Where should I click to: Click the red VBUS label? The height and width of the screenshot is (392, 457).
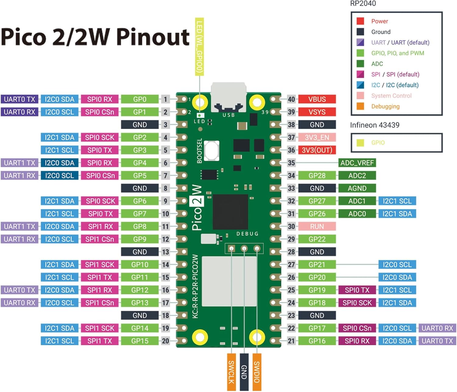click(317, 99)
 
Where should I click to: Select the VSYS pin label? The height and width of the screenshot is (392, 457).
click(317, 112)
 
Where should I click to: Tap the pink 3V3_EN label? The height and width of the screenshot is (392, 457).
click(317, 138)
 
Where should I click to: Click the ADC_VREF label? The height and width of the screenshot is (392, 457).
click(357, 163)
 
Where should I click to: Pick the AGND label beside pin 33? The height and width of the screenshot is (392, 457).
click(357, 188)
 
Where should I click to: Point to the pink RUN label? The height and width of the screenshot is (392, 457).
click(317, 226)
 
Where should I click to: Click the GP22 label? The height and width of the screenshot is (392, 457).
click(317, 239)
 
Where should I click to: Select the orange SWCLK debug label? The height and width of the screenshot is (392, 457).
click(231, 372)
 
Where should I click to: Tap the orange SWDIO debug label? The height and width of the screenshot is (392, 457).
click(257, 372)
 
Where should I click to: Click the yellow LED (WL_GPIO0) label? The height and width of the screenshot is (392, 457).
click(199, 47)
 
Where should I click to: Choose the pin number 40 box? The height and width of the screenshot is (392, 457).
click(291, 99)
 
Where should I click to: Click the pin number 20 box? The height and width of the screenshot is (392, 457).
click(165, 341)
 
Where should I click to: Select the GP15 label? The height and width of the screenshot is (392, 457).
click(140, 341)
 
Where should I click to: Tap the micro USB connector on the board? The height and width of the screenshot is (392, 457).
click(228, 96)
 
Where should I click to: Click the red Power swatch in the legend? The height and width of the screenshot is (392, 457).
click(360, 21)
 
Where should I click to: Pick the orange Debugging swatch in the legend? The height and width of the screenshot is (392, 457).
click(360, 106)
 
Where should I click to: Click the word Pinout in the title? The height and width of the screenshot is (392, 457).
click(153, 37)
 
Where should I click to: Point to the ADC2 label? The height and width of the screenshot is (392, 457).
click(357, 176)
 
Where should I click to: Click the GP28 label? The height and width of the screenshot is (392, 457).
click(317, 176)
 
